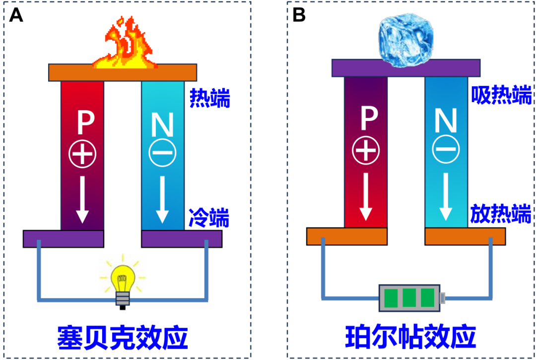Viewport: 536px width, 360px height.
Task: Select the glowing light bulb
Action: [123, 283]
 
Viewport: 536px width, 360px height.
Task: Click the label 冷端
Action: [209, 217]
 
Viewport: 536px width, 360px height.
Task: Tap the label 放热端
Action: [501, 214]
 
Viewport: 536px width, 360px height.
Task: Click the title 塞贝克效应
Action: [123, 337]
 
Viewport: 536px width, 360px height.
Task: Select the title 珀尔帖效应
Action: [410, 337]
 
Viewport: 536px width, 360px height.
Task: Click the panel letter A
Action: [16, 15]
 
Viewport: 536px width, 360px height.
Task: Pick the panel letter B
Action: [299, 15]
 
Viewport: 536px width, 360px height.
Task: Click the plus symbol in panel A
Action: [82, 155]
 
